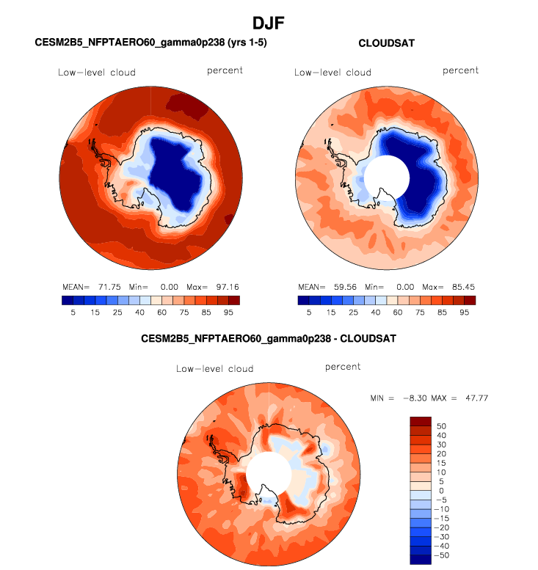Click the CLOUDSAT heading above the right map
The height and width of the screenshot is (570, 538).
386,43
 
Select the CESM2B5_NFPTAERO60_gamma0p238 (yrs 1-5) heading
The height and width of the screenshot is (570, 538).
150,43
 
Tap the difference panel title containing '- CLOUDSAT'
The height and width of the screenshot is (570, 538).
268,340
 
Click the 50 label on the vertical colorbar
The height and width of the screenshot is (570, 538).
440,425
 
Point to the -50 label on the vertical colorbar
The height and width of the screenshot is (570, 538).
443,555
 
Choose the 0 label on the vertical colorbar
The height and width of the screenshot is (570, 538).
440,490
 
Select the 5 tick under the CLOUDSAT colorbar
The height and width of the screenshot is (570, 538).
309,313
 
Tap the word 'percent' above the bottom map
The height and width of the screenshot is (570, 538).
343,367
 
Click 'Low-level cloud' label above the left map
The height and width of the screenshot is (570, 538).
97,72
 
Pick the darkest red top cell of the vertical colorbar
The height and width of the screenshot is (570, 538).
420,421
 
